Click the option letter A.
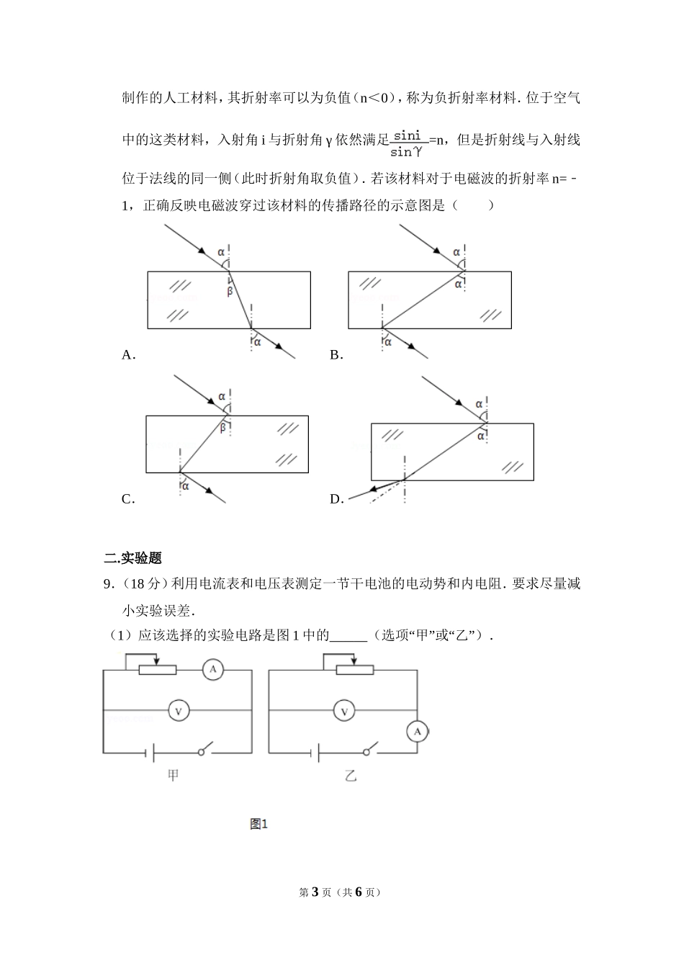pos(127,354)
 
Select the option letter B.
pos(335,354)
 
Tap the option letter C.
pos(127,499)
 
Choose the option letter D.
pos(335,499)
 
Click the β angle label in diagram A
pos(230,291)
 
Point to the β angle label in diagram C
pos(222,428)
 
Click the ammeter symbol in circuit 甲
pos(212,670)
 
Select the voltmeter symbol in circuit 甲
pos(178,712)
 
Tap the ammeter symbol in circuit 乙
pos(416,732)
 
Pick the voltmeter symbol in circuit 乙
pos(344,712)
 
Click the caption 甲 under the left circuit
pos(173,776)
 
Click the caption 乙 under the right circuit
pos(351,776)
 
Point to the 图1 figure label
pos(258,824)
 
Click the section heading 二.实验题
pos(133,557)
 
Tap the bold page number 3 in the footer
pos(314,892)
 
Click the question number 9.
pos(108,583)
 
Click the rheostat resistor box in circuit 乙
pos(355,670)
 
